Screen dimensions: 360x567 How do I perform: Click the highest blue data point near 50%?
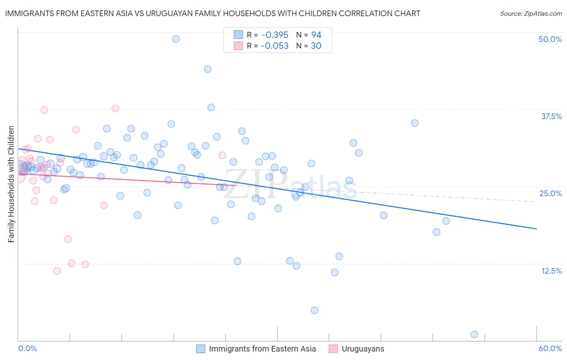click(x=176, y=39)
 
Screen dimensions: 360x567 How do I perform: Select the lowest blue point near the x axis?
click(x=474, y=334)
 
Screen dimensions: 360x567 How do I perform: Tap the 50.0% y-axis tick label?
click(x=550, y=39)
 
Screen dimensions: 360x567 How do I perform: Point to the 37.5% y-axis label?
click(x=551, y=116)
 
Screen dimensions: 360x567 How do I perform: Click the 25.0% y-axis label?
click(x=550, y=193)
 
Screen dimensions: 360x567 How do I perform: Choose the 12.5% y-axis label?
click(x=551, y=271)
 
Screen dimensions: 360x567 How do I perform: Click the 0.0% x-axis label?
click(x=27, y=348)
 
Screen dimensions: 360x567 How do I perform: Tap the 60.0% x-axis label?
click(x=550, y=348)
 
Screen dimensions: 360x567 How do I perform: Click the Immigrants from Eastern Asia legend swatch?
click(x=201, y=349)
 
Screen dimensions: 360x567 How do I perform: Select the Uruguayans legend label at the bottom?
click(x=363, y=349)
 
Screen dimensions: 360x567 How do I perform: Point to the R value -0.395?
click(x=275, y=35)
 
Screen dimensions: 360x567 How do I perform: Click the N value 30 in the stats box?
click(x=316, y=46)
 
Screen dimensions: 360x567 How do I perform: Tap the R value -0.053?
click(x=275, y=46)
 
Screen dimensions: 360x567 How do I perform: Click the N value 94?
click(x=316, y=35)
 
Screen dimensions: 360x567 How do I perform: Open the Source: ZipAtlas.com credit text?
click(x=531, y=13)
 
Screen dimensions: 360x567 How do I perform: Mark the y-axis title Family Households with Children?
click(x=11, y=184)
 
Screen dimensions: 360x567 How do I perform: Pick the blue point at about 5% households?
click(x=315, y=310)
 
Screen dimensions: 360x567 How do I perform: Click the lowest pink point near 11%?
click(x=57, y=271)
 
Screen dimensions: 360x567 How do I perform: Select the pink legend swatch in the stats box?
click(x=238, y=46)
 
